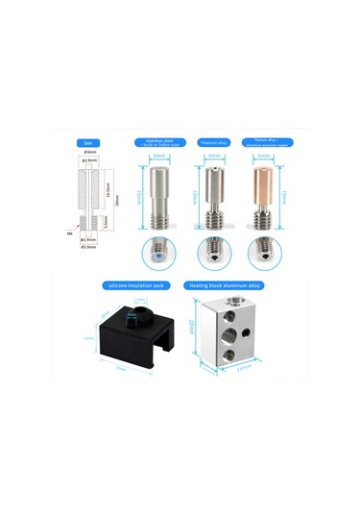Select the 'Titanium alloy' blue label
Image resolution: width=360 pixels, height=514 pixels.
tap(213, 142)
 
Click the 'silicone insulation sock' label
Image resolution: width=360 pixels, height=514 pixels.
tap(138, 285)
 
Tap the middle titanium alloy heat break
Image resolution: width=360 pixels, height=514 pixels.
tap(212, 196)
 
